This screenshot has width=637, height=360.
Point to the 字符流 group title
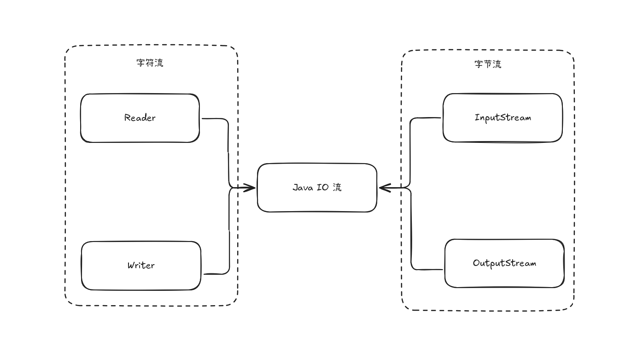[150, 63]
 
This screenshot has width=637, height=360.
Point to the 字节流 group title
[488, 64]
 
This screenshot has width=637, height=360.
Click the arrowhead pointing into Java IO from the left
[251, 188]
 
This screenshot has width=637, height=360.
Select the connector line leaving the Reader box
[228, 148]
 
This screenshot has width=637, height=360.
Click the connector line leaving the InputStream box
[410, 148]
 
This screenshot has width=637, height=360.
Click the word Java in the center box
[301, 188]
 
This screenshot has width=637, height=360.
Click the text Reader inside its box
[140, 118]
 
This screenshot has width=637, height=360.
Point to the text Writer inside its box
[141, 266]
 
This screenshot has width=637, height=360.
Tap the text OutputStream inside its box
[504, 263]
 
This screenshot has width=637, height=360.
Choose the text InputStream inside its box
[503, 118]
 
